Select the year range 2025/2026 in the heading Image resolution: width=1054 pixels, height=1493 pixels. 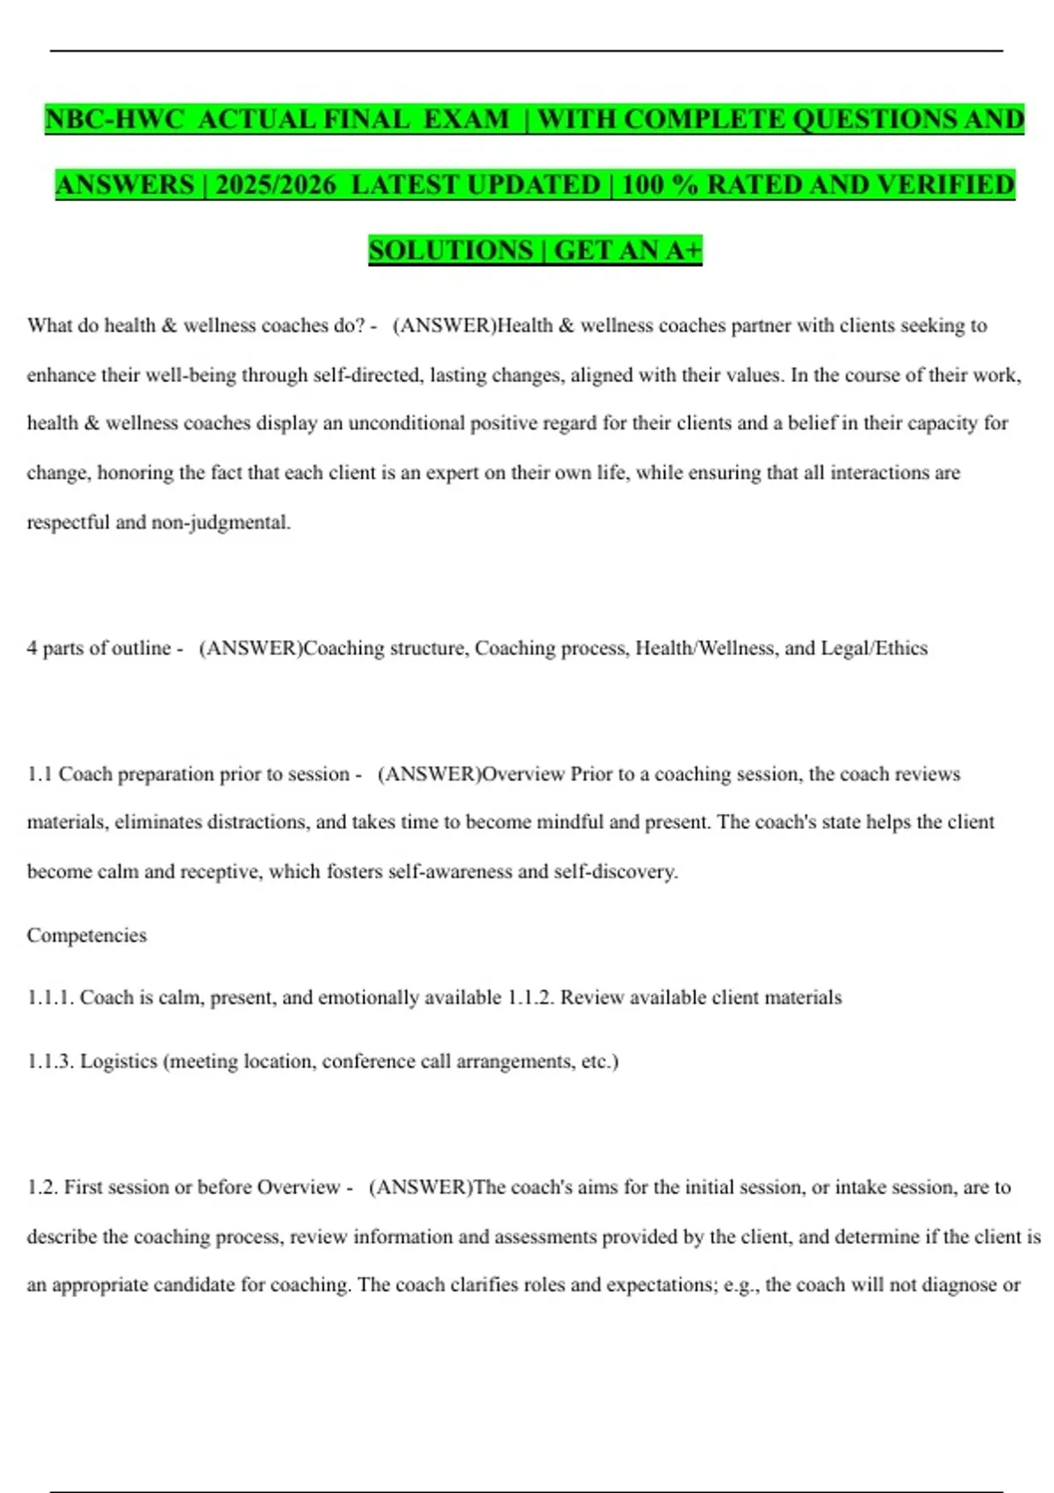[x=276, y=184]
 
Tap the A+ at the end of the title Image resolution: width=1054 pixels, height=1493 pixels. [x=683, y=250]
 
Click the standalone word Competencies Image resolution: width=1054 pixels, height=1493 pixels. [x=87, y=935]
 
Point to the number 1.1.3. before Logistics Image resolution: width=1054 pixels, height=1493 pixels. [x=50, y=1061]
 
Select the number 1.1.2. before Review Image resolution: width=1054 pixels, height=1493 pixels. [x=531, y=998]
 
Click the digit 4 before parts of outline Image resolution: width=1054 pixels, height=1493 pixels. [x=32, y=648]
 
